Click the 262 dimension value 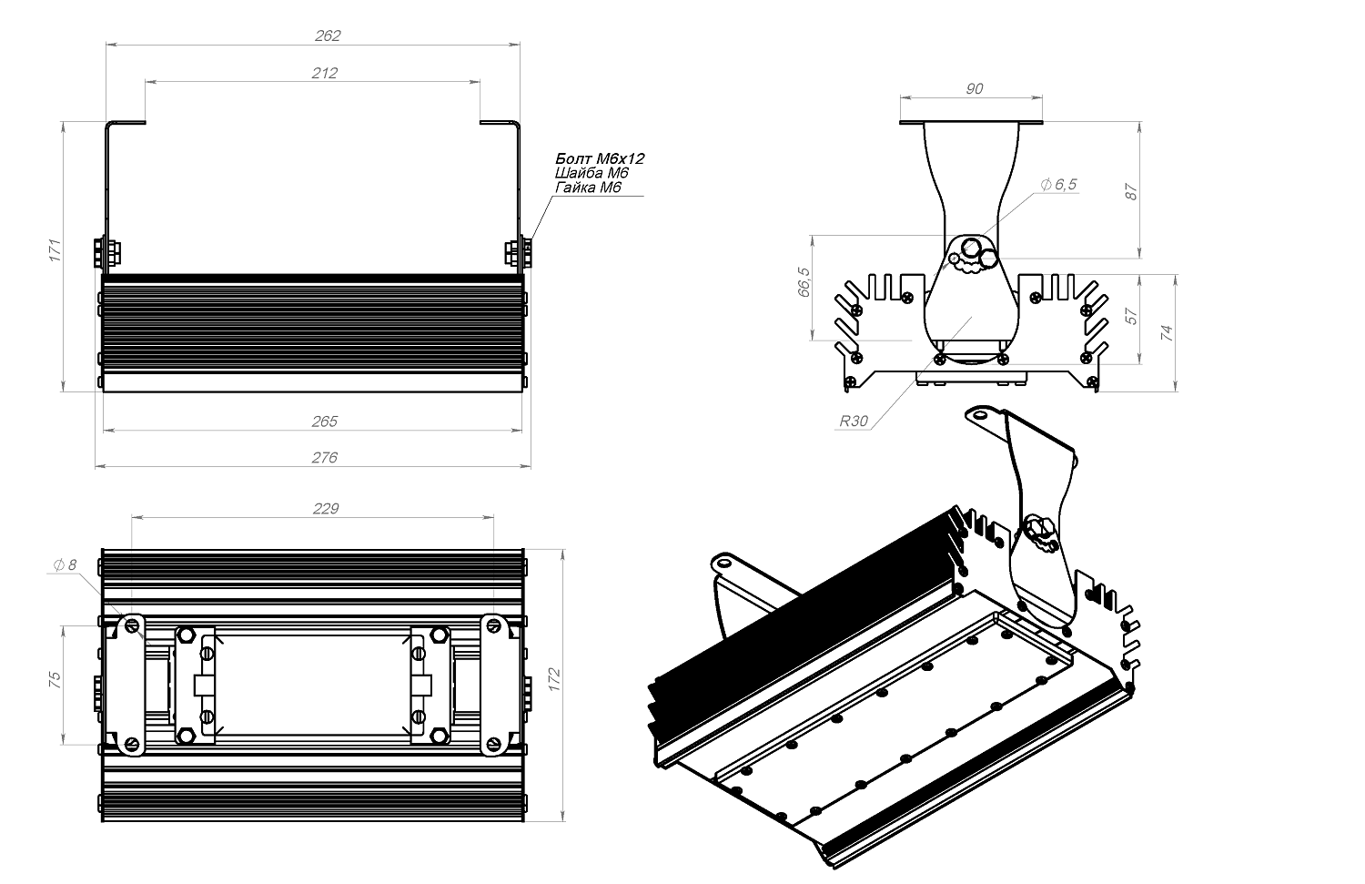point(328,36)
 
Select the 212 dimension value point(325,73)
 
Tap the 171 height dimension point(54,251)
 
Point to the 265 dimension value point(325,422)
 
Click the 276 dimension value point(325,457)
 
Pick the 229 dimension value point(325,509)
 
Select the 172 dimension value point(555,678)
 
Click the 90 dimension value point(974,88)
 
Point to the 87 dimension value point(1131,191)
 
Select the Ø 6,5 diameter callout point(1058,185)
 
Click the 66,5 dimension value point(803,282)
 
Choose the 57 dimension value point(1131,316)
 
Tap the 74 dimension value point(1168,332)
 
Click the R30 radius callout point(854,422)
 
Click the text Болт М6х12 point(600,158)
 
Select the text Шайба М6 point(591,173)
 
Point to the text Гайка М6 point(588,188)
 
